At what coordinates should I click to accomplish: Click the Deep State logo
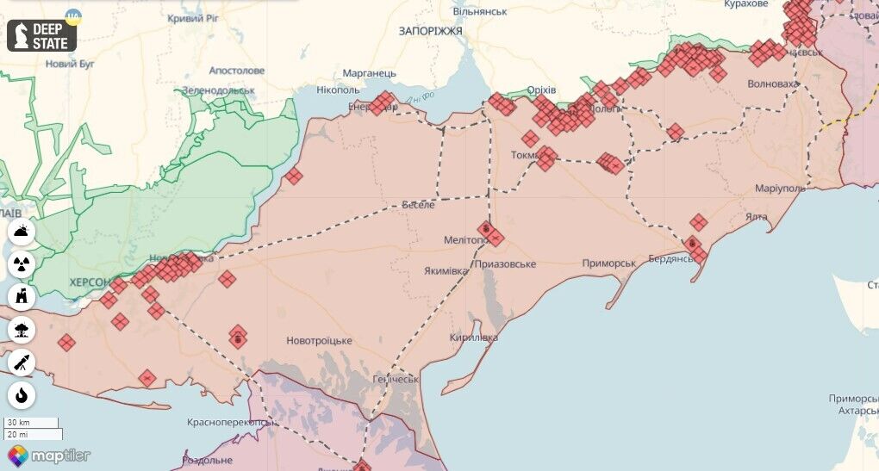click(x=42, y=35)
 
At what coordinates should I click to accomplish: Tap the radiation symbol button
click(x=22, y=264)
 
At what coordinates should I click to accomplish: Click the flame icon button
click(x=22, y=395)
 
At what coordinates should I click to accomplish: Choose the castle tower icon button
click(x=22, y=297)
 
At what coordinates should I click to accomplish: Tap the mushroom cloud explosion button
click(x=22, y=330)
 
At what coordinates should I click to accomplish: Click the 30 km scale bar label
click(x=18, y=423)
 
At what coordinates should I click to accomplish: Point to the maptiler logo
click(x=48, y=455)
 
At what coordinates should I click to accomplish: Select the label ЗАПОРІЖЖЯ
click(x=430, y=30)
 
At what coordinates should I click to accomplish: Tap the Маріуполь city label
click(x=780, y=188)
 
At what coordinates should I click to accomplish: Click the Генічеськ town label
click(x=396, y=379)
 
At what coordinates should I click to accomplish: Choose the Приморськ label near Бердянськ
click(x=608, y=263)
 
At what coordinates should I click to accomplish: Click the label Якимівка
click(x=446, y=270)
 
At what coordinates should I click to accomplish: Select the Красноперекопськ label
click(x=231, y=423)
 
